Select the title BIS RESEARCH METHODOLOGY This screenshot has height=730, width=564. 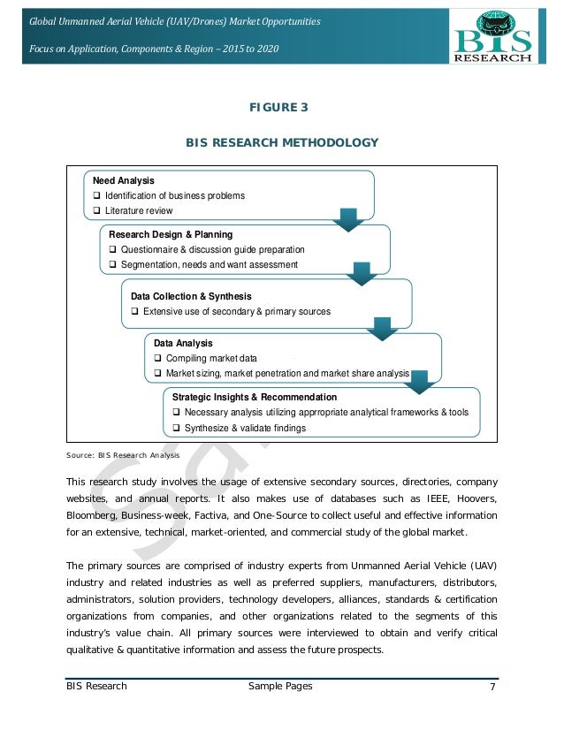(x=281, y=142)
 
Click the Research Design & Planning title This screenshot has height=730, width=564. (x=171, y=235)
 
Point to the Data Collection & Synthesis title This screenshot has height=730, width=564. (x=191, y=296)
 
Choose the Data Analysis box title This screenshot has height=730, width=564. (x=183, y=343)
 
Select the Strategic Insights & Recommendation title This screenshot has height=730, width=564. (x=255, y=398)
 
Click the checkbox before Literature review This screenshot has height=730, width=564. (x=97, y=211)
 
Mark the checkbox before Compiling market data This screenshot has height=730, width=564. (x=158, y=359)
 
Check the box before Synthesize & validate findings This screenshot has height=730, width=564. (x=177, y=429)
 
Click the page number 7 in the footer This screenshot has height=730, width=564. (x=490, y=687)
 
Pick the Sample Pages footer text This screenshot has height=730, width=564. (x=282, y=687)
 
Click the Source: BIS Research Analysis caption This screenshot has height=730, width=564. (x=122, y=455)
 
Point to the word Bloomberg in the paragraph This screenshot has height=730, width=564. (x=94, y=514)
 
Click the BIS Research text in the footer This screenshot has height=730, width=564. (x=97, y=687)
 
